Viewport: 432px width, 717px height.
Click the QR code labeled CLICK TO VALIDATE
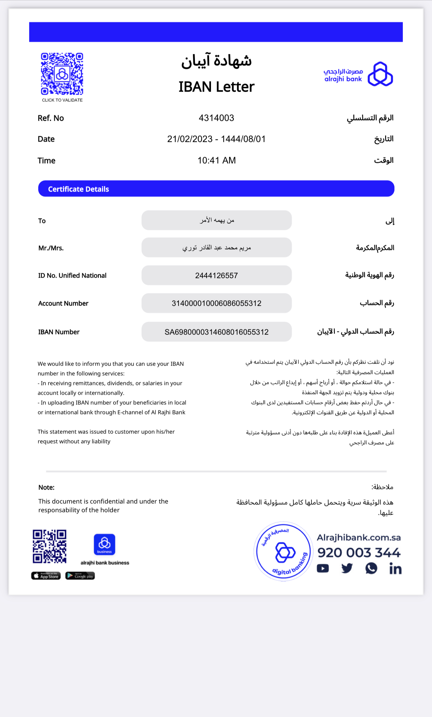62,74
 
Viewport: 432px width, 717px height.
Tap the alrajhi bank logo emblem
380,74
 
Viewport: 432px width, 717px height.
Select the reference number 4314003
216,118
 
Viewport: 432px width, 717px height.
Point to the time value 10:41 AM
216,161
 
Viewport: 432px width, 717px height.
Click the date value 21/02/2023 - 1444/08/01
216,139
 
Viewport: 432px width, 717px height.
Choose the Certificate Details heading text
79,189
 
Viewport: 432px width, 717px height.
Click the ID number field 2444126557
216,276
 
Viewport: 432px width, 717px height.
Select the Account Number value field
216,303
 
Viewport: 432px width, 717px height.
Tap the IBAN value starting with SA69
216,332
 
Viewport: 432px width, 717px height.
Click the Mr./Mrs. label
51,248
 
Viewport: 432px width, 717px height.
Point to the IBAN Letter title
216,87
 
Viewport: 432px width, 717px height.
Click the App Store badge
46,576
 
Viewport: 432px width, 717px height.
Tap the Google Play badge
80,576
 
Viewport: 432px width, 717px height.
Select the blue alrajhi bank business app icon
104,544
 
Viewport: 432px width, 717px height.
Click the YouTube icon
323,569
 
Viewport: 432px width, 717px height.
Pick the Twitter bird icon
347,568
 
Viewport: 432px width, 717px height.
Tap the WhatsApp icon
371,568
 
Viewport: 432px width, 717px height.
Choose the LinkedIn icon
395,569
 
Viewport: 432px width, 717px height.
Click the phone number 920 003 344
359,553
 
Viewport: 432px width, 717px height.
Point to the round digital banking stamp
283,551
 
